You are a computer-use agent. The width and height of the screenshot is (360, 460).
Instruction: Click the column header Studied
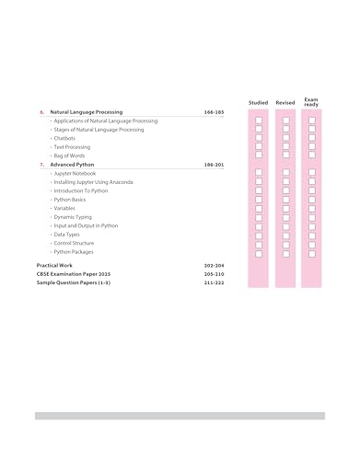259,102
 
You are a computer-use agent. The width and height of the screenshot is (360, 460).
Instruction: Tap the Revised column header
285,102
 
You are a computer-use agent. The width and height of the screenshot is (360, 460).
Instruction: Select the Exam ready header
312,100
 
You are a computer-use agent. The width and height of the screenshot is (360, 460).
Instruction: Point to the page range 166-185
214,112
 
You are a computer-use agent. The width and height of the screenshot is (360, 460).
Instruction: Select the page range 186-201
214,165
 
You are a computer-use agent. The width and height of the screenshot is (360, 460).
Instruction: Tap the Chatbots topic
64,138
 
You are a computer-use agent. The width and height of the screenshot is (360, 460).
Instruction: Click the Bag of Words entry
69,155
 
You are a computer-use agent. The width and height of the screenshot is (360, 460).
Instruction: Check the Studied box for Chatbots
259,138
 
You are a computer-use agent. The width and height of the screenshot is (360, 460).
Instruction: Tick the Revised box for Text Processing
285,147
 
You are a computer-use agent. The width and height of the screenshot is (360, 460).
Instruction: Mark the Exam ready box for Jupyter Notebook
312,173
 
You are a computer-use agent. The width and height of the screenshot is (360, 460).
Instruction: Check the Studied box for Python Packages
259,252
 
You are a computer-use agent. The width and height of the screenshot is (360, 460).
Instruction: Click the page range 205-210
214,274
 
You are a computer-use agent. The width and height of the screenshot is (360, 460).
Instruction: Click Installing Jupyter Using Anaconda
93,182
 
